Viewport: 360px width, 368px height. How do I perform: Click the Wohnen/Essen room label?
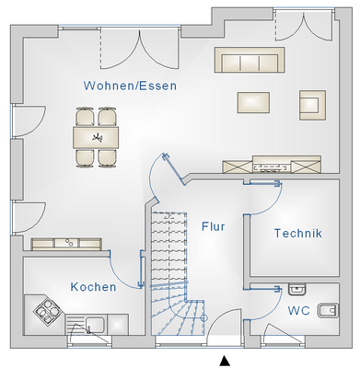click(x=130, y=86)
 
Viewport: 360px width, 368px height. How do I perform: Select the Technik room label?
click(x=297, y=234)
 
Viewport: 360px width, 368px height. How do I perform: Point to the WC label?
click(x=296, y=310)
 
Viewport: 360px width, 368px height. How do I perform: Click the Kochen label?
click(x=93, y=287)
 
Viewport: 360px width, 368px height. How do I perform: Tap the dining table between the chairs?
click(x=96, y=137)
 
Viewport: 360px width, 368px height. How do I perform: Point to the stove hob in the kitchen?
click(x=43, y=313)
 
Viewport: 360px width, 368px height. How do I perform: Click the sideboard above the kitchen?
click(x=67, y=244)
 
